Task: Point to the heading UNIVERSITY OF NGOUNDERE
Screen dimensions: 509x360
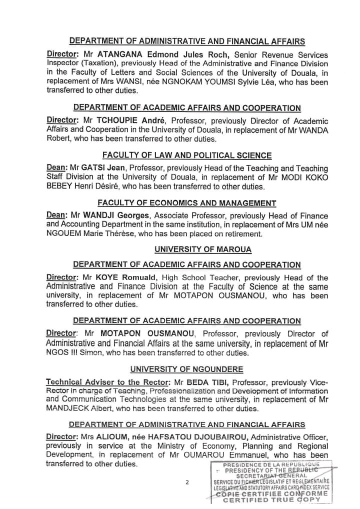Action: [187, 369]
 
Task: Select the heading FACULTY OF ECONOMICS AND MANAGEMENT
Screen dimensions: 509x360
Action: [187, 203]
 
